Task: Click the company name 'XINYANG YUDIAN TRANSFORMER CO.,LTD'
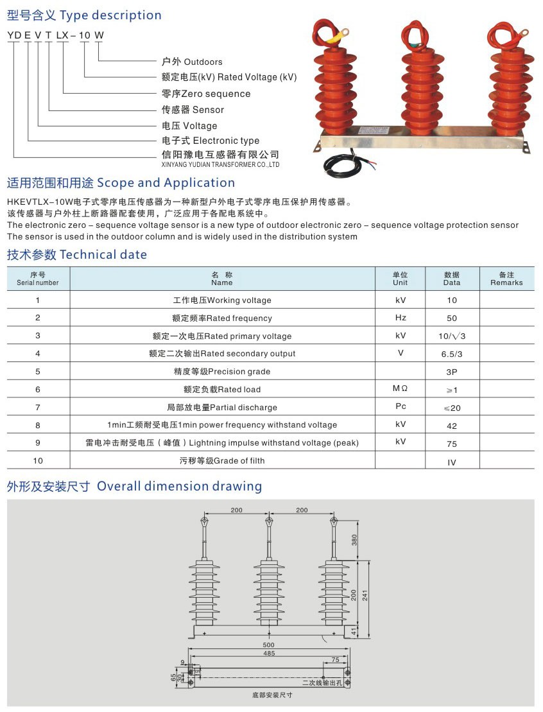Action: pyautogui.click(x=220, y=165)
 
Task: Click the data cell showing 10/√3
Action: pyautogui.click(x=451, y=336)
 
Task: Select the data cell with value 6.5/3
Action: pyautogui.click(x=451, y=354)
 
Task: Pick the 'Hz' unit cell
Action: pyautogui.click(x=400, y=318)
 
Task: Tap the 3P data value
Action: pyautogui.click(x=451, y=372)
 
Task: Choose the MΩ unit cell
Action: pyautogui.click(x=400, y=389)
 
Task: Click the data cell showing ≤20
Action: pyautogui.click(x=451, y=408)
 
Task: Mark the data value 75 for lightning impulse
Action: pyautogui.click(x=451, y=444)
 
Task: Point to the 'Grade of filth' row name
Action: pyautogui.click(x=221, y=460)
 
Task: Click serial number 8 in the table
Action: pyautogui.click(x=38, y=425)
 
